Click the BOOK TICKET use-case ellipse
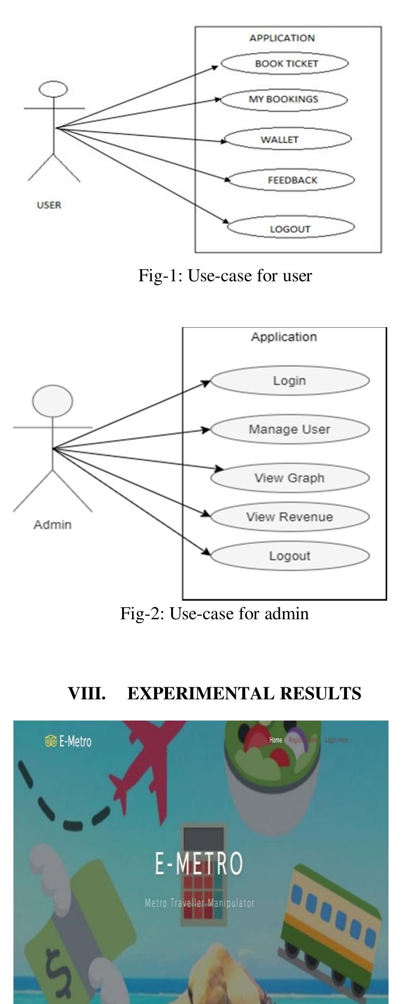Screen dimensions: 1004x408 pos(285,64)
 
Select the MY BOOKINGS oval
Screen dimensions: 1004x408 pos(284,100)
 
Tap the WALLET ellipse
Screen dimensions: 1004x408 pos(288,139)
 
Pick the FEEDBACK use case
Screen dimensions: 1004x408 pos(291,180)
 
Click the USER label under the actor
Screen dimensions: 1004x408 pos(49,205)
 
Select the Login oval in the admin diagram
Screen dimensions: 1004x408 pos(289,381)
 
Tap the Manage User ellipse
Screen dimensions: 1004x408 pos(289,429)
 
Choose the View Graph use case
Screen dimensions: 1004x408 pos(289,478)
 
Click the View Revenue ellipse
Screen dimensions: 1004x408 pos(289,517)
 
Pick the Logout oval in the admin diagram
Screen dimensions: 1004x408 pos(289,556)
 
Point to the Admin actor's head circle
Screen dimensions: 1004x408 pos(52,401)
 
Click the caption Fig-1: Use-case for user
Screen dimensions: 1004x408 pos(225,276)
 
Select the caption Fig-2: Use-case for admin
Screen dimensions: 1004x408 pos(214,614)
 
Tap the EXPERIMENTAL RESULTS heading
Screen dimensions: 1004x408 pos(244,693)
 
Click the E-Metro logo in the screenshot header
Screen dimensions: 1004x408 pos(68,741)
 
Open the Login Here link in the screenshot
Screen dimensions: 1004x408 pos(336,740)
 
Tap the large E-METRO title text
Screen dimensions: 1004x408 pos(199,863)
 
